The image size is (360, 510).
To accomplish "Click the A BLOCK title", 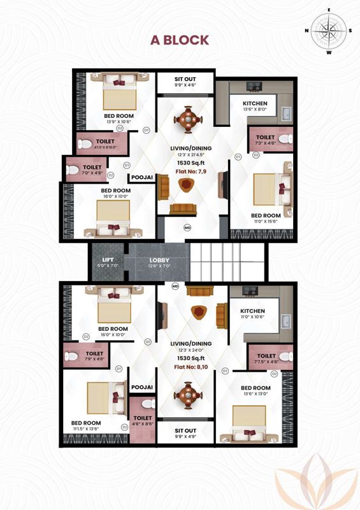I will coord(179,40).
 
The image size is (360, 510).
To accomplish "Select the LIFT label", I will coord(108,260).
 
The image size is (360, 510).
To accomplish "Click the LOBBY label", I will coord(159,260).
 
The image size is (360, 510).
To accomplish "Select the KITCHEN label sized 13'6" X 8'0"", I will coord(255,103).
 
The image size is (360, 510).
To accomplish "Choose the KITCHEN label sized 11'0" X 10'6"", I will coord(252,310).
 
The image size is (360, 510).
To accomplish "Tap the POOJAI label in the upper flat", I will coord(141,178).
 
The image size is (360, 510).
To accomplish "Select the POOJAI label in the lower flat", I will coord(141,387).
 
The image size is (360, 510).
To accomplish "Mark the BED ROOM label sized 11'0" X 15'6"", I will coord(266,215).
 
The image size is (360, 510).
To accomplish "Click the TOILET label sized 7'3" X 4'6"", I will coord(265,138).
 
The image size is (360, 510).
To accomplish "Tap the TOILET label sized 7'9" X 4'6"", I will coord(94,353).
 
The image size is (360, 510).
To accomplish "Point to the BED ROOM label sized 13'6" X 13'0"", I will coord(254,388).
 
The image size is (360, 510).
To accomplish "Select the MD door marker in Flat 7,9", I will coord(187,227).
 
